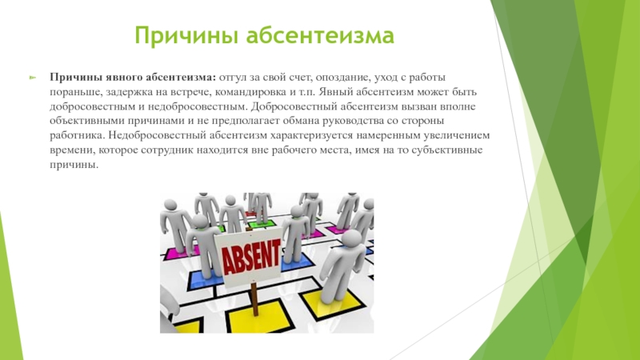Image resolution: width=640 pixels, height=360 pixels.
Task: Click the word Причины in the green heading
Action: click(186, 35)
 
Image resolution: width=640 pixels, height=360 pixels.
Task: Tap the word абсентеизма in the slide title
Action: click(319, 34)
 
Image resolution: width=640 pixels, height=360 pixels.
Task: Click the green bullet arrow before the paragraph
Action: click(33, 77)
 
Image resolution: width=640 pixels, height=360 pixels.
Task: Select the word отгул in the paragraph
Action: click(233, 78)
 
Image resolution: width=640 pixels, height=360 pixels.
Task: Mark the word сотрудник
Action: click(167, 150)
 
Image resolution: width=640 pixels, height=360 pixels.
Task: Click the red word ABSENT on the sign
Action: click(251, 257)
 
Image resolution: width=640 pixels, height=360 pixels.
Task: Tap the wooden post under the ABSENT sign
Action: click(254, 299)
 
